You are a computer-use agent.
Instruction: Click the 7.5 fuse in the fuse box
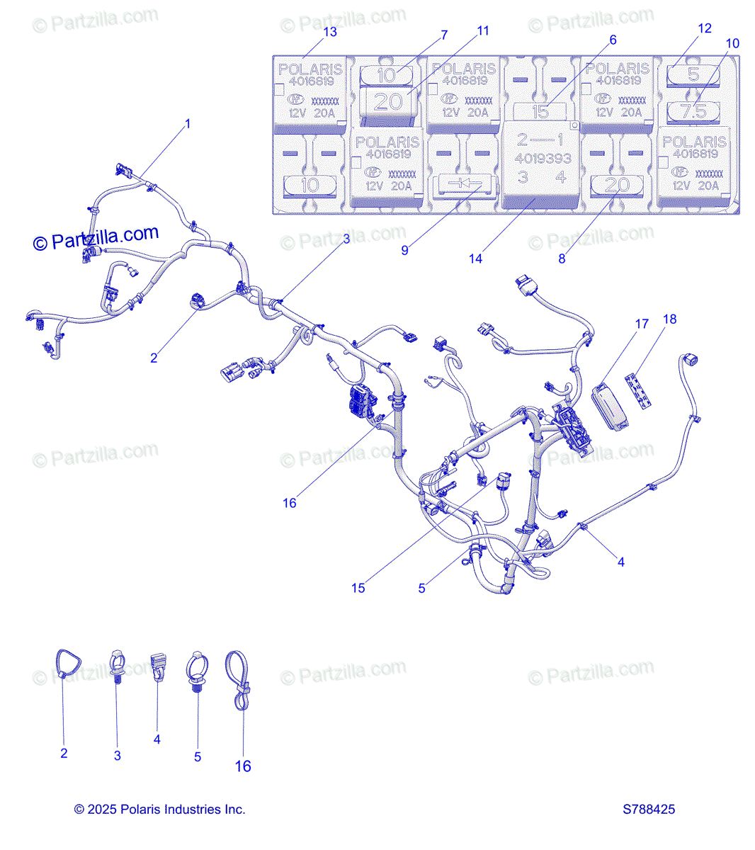[693, 111]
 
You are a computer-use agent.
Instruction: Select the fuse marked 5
[693, 74]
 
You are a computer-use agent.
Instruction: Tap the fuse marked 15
[540, 111]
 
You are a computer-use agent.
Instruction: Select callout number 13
[330, 32]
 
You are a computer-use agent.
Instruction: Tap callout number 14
[475, 259]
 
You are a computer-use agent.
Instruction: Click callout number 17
[642, 324]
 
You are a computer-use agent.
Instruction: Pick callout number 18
[669, 319]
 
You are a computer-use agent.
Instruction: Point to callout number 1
[188, 124]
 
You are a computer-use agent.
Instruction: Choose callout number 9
[404, 250]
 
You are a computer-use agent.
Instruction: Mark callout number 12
[704, 28]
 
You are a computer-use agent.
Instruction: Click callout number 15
[358, 588]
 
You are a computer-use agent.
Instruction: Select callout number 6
[613, 40]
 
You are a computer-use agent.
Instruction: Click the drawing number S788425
[649, 809]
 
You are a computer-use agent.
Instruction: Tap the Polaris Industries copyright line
[159, 809]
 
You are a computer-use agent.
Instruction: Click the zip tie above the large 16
[238, 680]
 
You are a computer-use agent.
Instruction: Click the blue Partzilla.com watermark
[96, 238]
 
